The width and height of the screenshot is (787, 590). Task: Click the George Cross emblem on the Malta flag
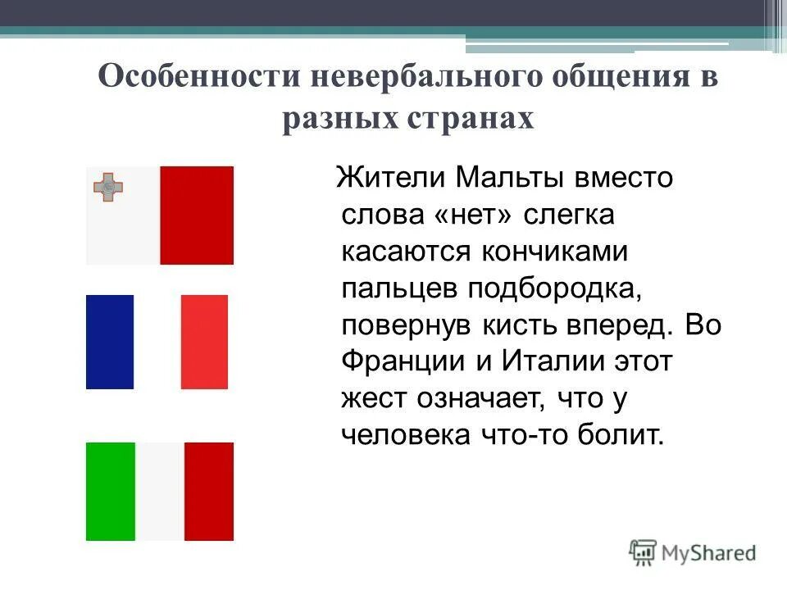pyautogui.click(x=107, y=187)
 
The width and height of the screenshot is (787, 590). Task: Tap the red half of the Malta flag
pyautogui.click(x=197, y=216)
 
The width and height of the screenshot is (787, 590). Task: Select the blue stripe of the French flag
pyautogui.click(x=110, y=342)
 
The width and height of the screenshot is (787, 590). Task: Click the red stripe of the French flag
pyautogui.click(x=204, y=342)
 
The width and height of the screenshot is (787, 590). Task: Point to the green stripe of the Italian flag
pyautogui.click(x=111, y=492)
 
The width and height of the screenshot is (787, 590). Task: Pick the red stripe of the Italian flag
pyautogui.click(x=209, y=492)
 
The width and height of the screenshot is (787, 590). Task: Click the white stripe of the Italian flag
pyautogui.click(x=160, y=492)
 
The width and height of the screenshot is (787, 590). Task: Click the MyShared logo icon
pyautogui.click(x=644, y=552)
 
